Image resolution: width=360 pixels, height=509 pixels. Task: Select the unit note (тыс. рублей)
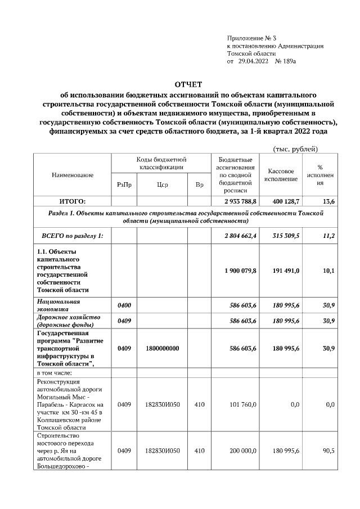point(295,148)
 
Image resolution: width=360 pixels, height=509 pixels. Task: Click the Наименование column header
point(73,175)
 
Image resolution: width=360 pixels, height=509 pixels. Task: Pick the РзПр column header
point(124,184)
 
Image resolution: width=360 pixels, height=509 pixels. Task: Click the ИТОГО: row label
point(73,201)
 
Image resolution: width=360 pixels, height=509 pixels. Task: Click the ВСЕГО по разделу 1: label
point(69,236)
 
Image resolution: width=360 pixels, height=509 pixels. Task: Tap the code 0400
point(124,305)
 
